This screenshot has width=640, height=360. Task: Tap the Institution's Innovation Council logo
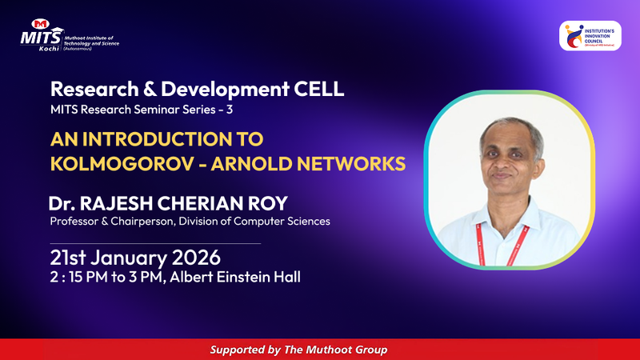pos(590,36)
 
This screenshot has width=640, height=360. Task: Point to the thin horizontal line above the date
pos(155,242)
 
